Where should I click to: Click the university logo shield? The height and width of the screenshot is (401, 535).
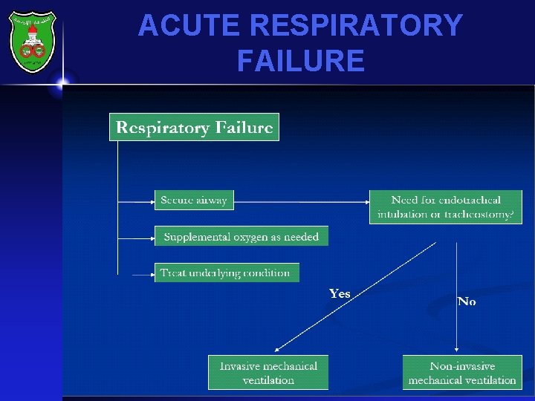coord(32,41)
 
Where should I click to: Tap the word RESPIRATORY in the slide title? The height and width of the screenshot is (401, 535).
coord(357,26)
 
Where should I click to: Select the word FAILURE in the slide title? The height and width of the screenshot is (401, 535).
coord(300,60)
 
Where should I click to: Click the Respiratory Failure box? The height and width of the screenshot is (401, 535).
coord(194,127)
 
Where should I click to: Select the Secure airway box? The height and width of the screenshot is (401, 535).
coord(193,200)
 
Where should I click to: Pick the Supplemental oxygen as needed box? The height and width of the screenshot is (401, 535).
coord(241,236)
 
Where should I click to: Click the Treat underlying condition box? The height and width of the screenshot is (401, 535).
coord(226,273)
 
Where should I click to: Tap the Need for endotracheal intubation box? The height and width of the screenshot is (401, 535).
coord(446,207)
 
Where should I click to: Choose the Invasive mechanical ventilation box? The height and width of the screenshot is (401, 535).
coord(267,373)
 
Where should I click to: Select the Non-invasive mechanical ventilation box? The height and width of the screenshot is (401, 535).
coord(462,373)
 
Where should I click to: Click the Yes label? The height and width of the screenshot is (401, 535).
coord(340,294)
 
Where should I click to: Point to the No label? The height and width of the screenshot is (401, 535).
coord(467,301)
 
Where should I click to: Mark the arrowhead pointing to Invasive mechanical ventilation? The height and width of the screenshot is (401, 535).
coord(277,349)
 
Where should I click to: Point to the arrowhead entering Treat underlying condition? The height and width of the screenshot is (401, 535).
coord(151,273)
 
